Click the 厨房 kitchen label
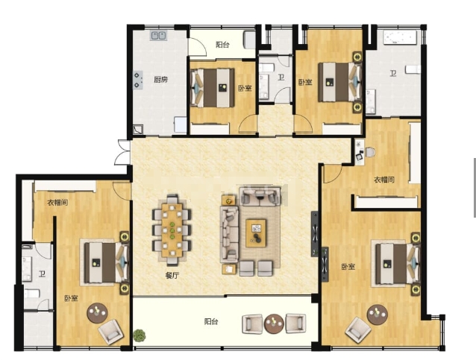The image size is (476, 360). point(160,80)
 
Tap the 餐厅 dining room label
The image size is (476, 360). point(172,275)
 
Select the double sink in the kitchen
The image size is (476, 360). point(158,36)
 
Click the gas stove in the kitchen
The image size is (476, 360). point(138,80)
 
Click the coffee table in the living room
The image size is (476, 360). point(256,233)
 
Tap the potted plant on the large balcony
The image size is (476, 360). point(139,335)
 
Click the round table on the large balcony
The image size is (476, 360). point(274,324)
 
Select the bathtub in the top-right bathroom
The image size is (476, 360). point(400,37)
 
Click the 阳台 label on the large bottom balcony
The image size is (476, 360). point(211,321)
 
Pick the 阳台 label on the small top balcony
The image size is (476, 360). point(222,45)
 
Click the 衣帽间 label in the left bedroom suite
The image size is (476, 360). point(57,202)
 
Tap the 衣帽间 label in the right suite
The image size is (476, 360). point(384,180)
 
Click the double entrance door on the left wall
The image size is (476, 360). point(122,152)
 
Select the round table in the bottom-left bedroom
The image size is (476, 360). point(97,313)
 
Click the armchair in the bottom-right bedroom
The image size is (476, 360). point(360,329)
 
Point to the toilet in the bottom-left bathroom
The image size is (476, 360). point(32,294)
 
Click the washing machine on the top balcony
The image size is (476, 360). point(250,40)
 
